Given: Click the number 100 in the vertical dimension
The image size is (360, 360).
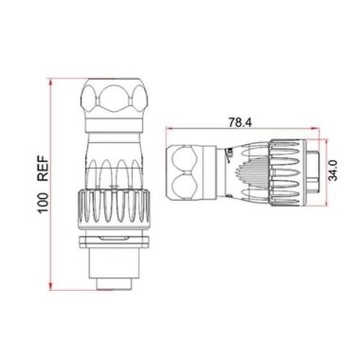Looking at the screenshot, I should pyautogui.click(x=41, y=204).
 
